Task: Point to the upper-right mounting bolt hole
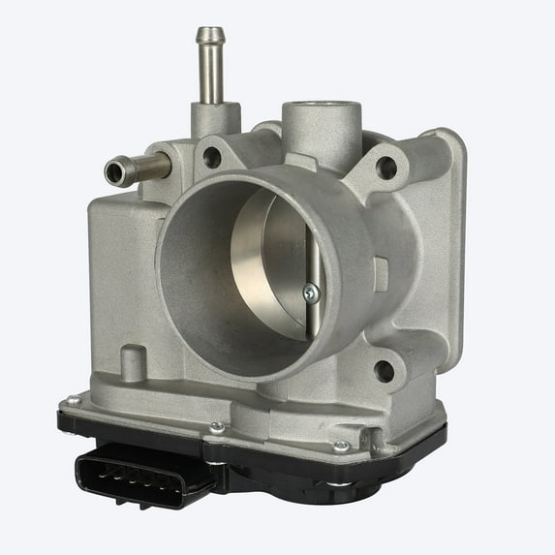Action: tap(385, 168)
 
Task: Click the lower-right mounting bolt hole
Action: tap(385, 369)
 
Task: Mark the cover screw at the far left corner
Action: tap(74, 399)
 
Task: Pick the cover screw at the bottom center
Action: tap(217, 426)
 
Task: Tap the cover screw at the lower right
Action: tap(340, 447)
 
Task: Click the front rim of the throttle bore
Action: tap(174, 291)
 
